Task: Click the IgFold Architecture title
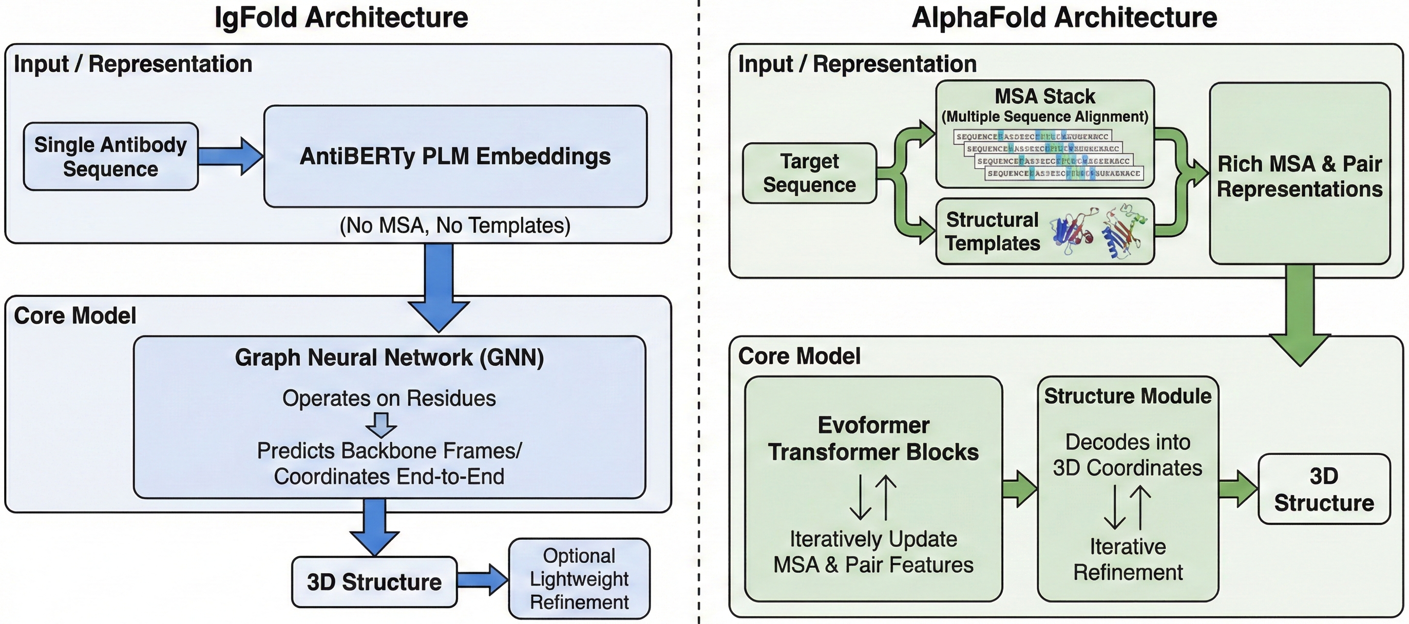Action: (x=341, y=17)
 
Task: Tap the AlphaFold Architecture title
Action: (x=1064, y=17)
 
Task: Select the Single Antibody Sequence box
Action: (x=110, y=157)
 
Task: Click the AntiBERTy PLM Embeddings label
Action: (x=455, y=157)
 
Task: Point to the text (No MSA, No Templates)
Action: (x=454, y=225)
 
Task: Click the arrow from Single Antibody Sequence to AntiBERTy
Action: (x=230, y=157)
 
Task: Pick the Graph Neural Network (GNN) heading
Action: (x=389, y=357)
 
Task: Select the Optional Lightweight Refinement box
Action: (x=579, y=579)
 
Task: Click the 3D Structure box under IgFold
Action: (x=374, y=582)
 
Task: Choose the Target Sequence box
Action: (x=810, y=173)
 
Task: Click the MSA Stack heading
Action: (x=1045, y=97)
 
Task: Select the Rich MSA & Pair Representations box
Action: (x=1300, y=176)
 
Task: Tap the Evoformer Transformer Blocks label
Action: (x=873, y=439)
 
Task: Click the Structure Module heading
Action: (x=1128, y=396)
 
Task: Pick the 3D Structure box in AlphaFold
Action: (x=1324, y=489)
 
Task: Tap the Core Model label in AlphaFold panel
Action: (x=799, y=356)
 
